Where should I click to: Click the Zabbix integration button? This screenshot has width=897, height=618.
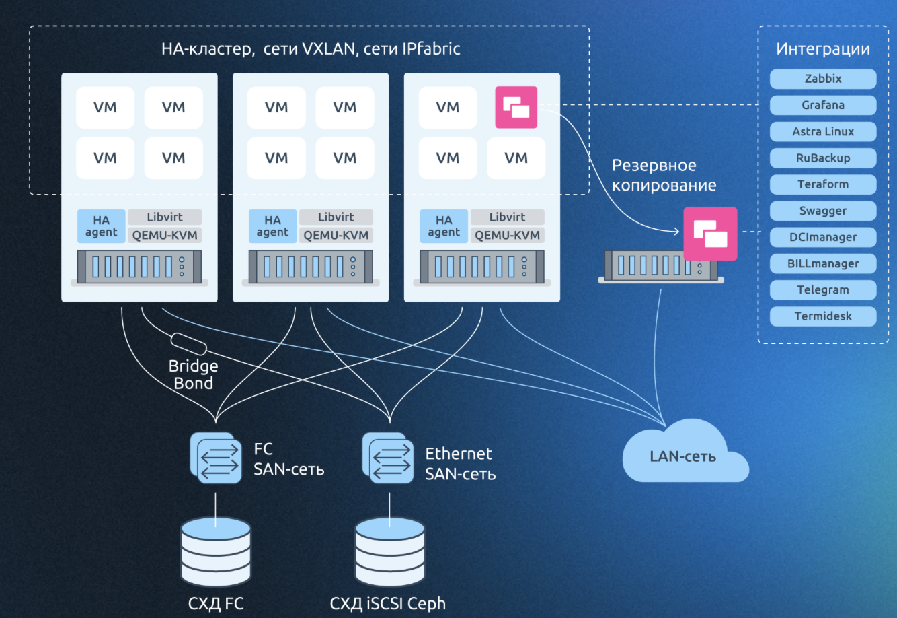coord(823,79)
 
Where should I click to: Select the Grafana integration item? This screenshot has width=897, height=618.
coord(823,105)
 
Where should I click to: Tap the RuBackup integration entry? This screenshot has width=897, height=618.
coord(823,158)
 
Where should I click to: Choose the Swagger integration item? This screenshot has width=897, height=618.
coord(823,211)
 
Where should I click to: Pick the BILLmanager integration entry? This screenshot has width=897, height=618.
coord(823,263)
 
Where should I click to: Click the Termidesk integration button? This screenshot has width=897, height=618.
coord(823,316)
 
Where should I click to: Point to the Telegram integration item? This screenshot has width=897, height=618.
coord(823,290)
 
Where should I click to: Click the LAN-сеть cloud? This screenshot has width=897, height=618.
coord(683,455)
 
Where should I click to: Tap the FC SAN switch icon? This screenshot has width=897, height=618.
coord(216,458)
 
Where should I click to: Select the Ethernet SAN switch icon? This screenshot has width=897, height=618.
coord(388,458)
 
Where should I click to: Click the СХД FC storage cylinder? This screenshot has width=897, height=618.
coord(216,552)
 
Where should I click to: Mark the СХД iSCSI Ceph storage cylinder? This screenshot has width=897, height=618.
coord(390,552)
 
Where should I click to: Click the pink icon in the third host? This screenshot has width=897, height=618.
coord(516,107)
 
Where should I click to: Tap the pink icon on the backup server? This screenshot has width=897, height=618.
coord(710,234)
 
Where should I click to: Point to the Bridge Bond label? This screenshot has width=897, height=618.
coord(193,375)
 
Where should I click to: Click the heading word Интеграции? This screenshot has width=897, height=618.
coord(823,49)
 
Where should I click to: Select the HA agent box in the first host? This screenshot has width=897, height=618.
coord(102,226)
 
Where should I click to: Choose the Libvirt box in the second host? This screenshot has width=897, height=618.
coord(336,217)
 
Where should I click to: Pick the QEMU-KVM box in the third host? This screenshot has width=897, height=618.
coord(508,235)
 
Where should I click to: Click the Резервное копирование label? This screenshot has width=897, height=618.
coord(663,175)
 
